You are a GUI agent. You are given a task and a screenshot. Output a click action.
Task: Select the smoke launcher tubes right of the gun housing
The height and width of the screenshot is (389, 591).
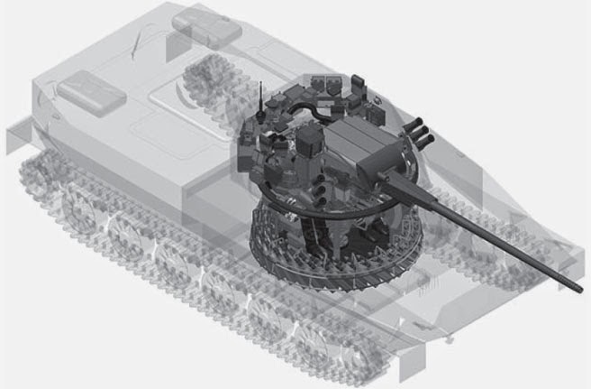coord(421,135)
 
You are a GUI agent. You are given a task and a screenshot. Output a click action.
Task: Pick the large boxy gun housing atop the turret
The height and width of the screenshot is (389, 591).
coord(360,148)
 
